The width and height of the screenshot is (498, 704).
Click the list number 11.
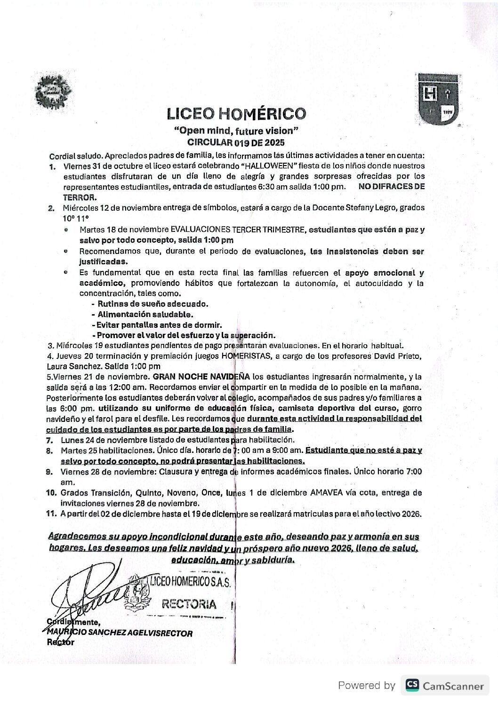(x=52, y=514)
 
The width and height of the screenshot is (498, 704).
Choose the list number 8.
(x=49, y=451)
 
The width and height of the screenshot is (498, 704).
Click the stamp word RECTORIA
(x=189, y=604)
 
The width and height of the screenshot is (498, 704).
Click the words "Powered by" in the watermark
(x=367, y=686)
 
